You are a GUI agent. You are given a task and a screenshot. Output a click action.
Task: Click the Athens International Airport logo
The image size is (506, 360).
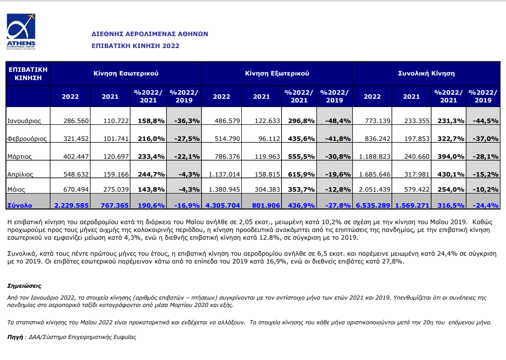click(21, 32)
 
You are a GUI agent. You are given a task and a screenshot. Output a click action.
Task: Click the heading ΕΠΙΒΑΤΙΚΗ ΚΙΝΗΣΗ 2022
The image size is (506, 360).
click(136, 46)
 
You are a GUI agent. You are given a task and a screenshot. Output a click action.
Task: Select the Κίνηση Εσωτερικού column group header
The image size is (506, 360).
click(126, 73)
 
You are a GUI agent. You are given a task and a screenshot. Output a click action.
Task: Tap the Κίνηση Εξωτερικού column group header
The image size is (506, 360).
click(277, 73)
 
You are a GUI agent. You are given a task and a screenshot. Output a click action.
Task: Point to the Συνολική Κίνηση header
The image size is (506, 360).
click(426, 73)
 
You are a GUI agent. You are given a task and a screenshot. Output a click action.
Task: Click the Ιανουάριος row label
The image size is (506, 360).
click(24, 121)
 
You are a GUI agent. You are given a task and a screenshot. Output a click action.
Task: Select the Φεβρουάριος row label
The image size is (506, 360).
click(27, 139)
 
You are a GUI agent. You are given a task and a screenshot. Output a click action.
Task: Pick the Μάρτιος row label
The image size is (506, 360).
click(20, 156)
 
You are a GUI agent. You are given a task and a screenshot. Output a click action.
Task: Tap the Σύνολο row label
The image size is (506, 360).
click(20, 205)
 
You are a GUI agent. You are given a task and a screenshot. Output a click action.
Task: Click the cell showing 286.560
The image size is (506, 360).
click(76, 121)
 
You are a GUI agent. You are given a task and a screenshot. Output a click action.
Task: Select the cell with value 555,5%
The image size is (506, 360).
click(301, 156)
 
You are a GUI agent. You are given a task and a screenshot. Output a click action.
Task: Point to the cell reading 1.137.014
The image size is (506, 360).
click(224, 174)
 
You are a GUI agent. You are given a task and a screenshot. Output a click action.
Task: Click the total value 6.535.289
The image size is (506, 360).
click(373, 205)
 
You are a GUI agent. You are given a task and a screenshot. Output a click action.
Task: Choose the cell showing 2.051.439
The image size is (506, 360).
click(375, 189)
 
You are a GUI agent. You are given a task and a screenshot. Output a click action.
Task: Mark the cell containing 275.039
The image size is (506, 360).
click(116, 189)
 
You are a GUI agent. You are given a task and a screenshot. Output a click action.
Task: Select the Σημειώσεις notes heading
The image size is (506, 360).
click(24, 286)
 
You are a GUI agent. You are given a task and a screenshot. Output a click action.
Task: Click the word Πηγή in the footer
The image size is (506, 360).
click(15, 337)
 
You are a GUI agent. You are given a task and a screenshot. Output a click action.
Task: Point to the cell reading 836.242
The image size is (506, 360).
click(378, 139)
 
